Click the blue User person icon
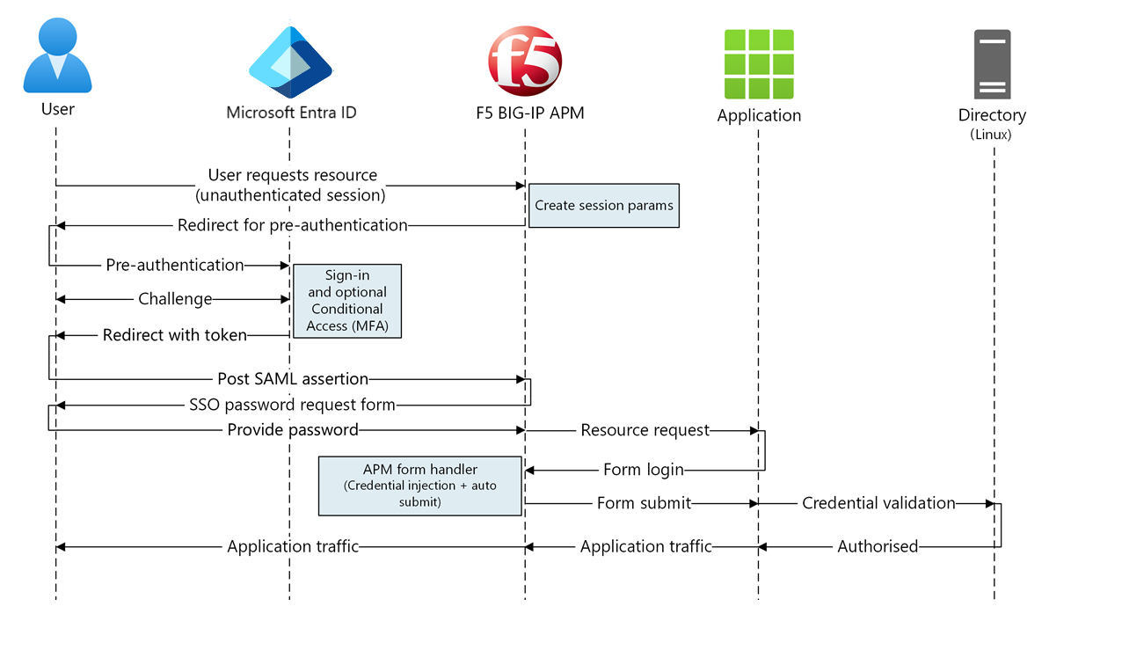coord(57,59)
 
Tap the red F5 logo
coord(525,62)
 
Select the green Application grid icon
coord(759,64)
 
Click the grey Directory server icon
coord(992,64)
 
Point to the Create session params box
coord(603,206)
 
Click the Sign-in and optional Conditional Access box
coord(346,301)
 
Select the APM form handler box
coord(419,486)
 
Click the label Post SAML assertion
coord(293,379)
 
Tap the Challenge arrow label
coord(175,299)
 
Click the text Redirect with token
coord(175,334)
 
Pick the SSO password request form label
coord(292,405)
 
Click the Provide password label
coord(293,430)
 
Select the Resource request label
coord(645,430)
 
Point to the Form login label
coord(644,470)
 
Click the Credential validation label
coord(878,503)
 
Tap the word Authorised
coord(878,547)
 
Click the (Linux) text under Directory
coord(991,135)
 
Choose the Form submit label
coord(644,503)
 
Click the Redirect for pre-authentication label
coord(292,225)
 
